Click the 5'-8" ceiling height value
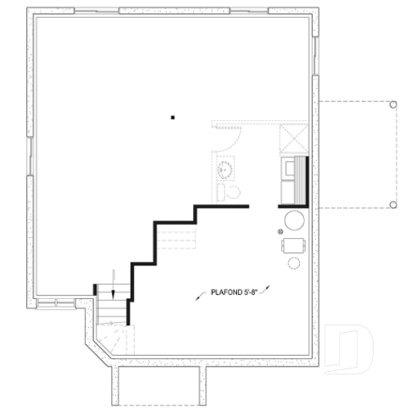(251, 293)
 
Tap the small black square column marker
(172, 118)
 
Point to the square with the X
(294, 138)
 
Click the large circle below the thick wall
(294, 222)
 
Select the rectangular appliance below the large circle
(294, 246)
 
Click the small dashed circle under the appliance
(294, 263)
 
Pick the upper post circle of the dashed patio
(392, 104)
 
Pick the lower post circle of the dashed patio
(392, 205)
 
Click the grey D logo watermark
(350, 347)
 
